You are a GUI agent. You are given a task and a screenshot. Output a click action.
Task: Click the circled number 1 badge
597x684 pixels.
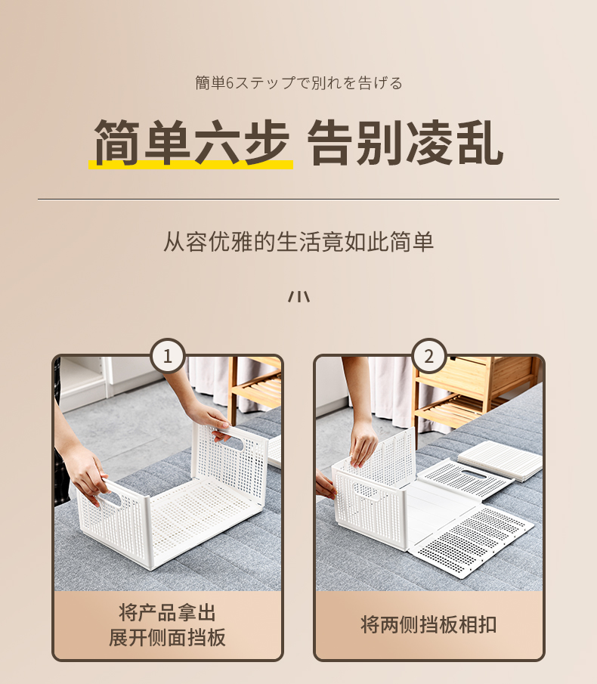point(168,356)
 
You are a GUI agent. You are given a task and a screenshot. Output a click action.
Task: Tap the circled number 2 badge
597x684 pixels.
point(429,356)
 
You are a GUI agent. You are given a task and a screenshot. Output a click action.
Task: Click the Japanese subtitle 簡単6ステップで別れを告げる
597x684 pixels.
point(298,83)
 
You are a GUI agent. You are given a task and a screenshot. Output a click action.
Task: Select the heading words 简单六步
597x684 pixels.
point(191,142)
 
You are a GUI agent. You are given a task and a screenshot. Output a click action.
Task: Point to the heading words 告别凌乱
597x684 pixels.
point(405,143)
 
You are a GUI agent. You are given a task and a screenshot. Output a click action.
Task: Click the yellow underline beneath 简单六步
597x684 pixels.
point(190,165)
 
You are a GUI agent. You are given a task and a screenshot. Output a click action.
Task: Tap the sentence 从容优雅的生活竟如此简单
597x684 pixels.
point(298,241)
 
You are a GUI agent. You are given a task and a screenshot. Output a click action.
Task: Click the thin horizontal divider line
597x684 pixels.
point(298,200)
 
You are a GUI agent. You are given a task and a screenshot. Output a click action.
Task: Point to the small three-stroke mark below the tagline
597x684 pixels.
point(298,296)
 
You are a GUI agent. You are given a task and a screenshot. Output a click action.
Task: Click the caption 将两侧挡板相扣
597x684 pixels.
point(428,625)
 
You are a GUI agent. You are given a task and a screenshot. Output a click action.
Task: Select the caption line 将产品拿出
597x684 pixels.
point(168,612)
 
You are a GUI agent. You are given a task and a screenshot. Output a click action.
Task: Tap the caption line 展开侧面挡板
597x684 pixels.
point(168,637)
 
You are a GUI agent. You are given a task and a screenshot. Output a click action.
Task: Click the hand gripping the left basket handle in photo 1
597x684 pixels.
point(87,478)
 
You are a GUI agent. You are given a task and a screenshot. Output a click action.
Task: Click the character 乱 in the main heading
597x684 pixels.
point(480,143)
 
